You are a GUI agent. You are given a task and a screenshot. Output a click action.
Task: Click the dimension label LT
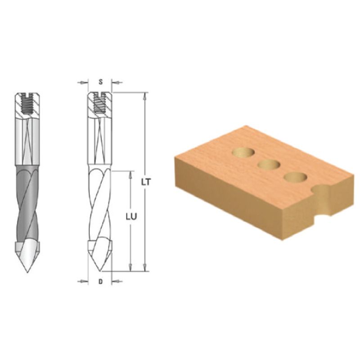click(x=146, y=182)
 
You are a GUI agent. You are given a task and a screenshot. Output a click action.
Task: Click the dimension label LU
click(x=131, y=216)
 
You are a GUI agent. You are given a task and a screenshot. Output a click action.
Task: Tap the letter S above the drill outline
click(x=100, y=82)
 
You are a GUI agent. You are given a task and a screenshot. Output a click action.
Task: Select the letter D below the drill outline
click(x=100, y=282)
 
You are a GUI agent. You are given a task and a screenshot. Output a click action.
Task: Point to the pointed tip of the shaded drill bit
click(x=27, y=272)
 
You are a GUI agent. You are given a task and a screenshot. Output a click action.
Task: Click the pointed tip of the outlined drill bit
click(x=100, y=270)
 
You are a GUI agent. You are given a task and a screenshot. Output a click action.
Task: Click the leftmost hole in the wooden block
click(x=243, y=153)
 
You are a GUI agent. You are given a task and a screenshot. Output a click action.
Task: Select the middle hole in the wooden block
click(x=269, y=165)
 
